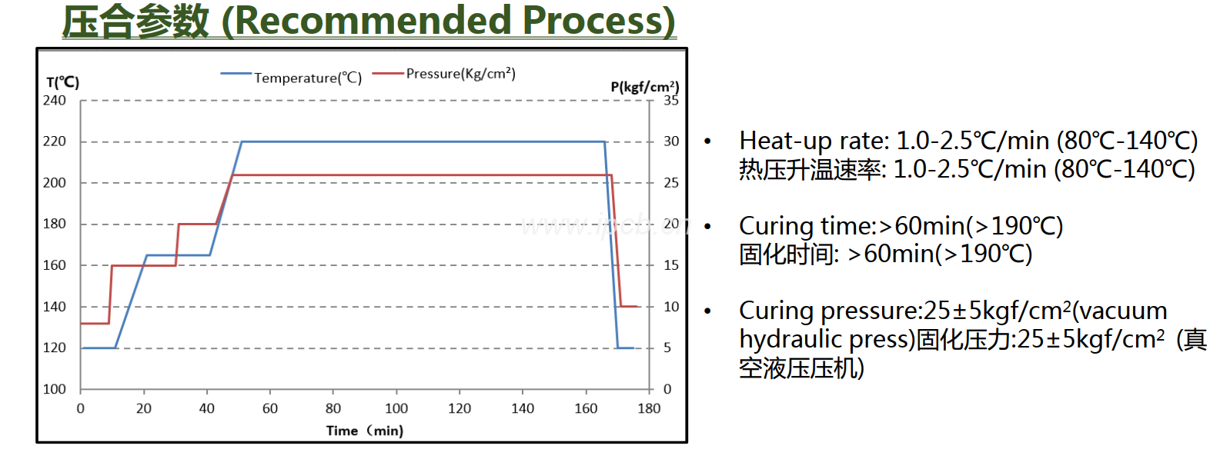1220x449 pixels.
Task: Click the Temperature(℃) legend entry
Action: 307,78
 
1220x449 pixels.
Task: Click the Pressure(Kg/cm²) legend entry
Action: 460,74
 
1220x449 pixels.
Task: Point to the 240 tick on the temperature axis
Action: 55,100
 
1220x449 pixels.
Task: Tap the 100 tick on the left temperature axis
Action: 55,389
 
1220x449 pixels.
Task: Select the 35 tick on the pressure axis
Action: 671,100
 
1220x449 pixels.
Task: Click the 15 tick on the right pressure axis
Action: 671,265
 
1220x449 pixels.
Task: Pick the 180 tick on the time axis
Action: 649,408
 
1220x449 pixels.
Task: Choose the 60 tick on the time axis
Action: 270,408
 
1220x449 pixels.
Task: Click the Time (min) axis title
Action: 365,431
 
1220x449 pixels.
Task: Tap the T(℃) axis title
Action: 63,82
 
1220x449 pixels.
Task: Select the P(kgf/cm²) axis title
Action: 644,87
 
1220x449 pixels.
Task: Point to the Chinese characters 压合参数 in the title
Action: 135,21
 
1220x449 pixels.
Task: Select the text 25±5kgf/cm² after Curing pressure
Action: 998,311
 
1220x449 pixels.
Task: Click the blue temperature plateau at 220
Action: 423,141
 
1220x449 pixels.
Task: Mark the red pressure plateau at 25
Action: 423,175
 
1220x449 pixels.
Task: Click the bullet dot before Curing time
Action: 707,226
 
